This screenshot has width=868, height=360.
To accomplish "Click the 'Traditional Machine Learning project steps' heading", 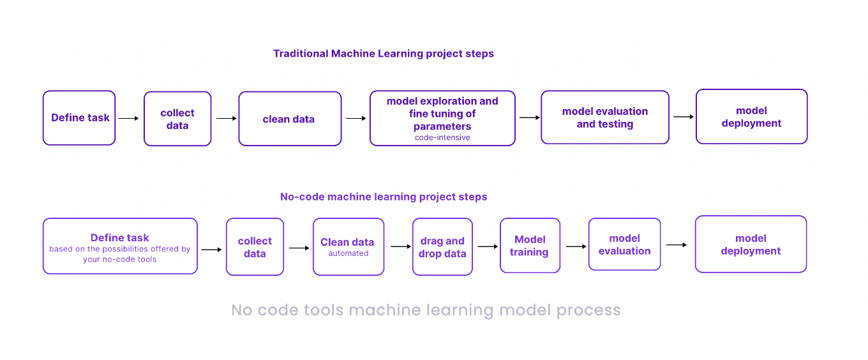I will pos(383,54).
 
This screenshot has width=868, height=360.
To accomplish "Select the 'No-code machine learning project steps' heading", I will pos(383,197).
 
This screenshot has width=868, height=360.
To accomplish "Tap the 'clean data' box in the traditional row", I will pos(290,119).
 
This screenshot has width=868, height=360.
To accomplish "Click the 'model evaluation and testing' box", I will pos(604,117).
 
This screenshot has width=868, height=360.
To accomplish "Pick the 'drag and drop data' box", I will pos(442,247).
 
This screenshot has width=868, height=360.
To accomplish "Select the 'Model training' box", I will pos(529,246).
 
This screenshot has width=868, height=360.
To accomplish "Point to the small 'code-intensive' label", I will pos(442,137).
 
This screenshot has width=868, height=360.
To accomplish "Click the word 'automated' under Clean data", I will pos(348,253).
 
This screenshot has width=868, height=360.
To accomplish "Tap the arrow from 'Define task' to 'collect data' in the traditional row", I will pos(129,118).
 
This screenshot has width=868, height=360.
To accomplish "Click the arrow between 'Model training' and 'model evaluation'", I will pos(576,246).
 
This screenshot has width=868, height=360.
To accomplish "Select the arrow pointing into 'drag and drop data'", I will pos(401,246).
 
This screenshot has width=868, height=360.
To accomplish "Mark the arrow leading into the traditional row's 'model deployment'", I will pos(683,117).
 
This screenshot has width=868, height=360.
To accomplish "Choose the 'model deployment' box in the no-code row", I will pos(751,244).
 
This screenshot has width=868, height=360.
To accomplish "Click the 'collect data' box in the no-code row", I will pos(255,247).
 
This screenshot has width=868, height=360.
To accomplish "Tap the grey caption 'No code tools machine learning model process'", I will pos(426,310).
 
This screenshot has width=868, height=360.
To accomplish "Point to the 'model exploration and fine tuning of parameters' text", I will pos(442,113).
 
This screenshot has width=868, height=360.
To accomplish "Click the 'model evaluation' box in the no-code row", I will pos(624,244).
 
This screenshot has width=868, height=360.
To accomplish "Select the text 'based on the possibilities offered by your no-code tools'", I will pos(120,254).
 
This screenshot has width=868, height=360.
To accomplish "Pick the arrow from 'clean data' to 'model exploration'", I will pos(355,118).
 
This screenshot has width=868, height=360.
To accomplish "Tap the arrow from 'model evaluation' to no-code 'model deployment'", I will pos(677,244).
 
